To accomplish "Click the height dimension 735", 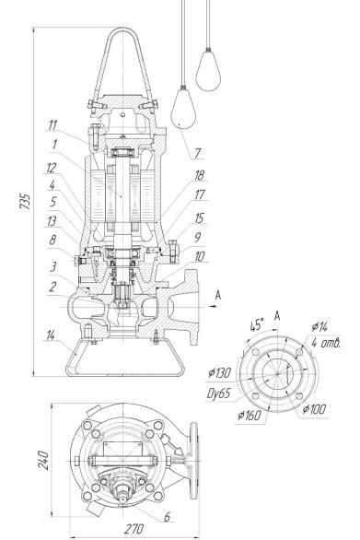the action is pos(25,201).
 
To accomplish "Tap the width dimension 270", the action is pos(134,529).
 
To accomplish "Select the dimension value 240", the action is pos(43,460).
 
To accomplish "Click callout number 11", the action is pos(52,125).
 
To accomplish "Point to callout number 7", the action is pos(197,153).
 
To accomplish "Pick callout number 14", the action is pos(51,335).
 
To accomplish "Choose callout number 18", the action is pos(200,175).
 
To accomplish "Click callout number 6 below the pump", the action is pos(168,517).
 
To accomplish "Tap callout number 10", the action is pos(200,256).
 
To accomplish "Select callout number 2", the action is pos(52,287).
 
